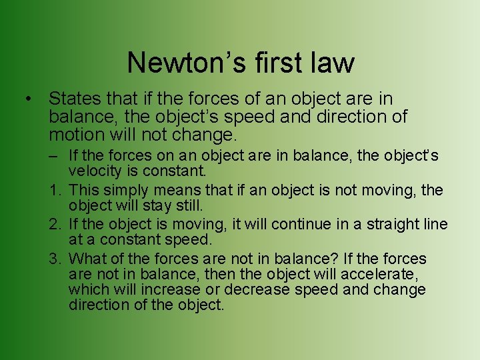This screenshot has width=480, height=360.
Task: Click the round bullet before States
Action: coord(27,99)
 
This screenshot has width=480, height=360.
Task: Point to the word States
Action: coord(75,99)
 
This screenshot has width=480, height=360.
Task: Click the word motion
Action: coord(75,135)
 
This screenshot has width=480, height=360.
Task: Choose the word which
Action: coord(88,289)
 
